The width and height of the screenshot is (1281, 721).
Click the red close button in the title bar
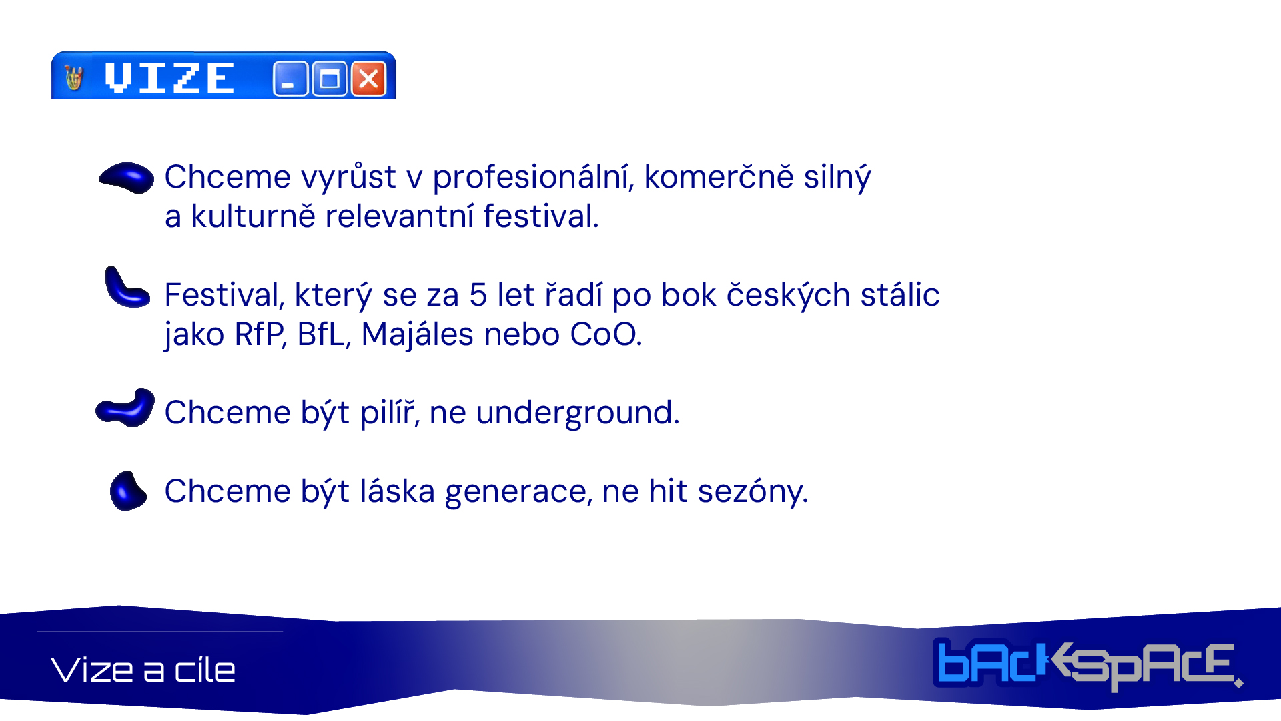368,79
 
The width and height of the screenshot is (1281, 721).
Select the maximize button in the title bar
330,79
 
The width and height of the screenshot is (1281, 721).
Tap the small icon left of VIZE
74,78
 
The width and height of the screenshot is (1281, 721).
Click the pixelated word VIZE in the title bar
169,78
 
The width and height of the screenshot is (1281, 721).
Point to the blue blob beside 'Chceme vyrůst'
127,178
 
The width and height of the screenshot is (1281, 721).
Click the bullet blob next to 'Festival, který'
126,288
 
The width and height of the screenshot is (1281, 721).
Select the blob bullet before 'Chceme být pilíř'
125,407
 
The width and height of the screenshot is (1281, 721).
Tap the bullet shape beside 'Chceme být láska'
128,491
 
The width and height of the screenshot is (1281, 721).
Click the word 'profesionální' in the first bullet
532,178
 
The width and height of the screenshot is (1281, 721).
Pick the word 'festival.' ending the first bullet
541,216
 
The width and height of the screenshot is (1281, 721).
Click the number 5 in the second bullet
478,295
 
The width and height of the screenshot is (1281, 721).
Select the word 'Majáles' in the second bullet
418,334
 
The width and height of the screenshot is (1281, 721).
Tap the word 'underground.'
578,413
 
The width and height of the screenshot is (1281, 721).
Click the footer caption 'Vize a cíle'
143,670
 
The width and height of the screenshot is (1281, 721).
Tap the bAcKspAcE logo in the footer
1088,665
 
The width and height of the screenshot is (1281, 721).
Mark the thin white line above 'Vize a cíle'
160,632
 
